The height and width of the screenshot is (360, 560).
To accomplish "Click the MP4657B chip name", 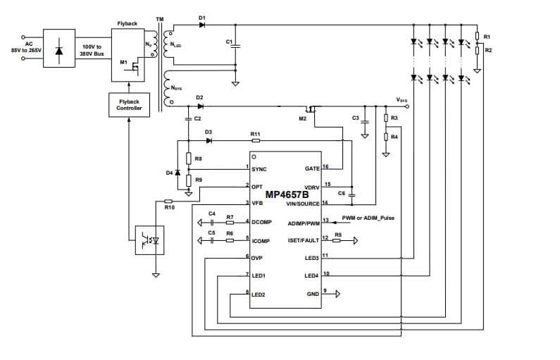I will [285, 195].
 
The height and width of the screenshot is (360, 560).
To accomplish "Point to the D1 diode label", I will [201, 17].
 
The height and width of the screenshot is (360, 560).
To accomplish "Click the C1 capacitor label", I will [228, 42].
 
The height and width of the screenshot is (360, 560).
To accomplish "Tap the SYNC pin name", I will [259, 169].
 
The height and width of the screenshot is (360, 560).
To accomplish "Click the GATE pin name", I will [311, 169].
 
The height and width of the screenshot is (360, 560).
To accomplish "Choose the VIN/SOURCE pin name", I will [303, 204].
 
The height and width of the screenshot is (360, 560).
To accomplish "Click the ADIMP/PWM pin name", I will [304, 223].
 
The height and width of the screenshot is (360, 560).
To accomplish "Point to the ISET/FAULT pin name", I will [303, 240].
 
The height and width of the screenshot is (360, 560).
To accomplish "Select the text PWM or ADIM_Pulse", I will [368, 218].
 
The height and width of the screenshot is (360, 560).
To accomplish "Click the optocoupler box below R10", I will [149, 240].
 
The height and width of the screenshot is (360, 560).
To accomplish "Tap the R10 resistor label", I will [168, 207].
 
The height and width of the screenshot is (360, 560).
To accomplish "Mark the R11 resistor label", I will [255, 133].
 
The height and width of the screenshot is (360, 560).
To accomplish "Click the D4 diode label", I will [169, 173].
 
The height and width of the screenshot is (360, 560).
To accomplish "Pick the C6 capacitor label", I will [342, 192].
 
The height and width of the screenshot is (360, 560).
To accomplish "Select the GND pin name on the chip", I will [313, 293].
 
